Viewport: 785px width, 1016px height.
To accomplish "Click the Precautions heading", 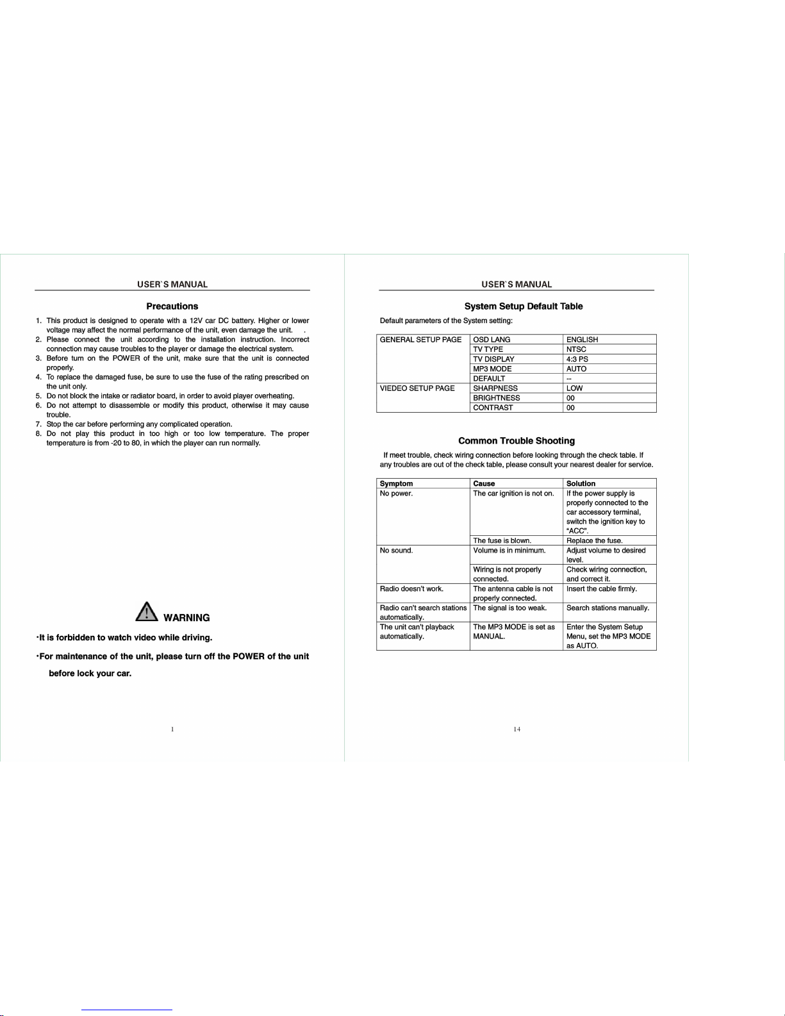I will pyautogui.click(x=172, y=306).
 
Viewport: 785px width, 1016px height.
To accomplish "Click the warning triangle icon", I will pyautogui.click(x=147, y=612).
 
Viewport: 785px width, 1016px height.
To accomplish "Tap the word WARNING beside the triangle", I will pyautogui.click(x=186, y=618).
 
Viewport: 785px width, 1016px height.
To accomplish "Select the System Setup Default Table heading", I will pyautogui.click(x=524, y=306).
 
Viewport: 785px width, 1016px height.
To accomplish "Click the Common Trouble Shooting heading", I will pyautogui.click(x=516, y=441).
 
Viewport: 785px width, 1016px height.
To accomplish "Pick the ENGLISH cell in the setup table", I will pyautogui.click(x=582, y=340).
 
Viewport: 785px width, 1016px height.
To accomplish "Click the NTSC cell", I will pyautogui.click(x=576, y=349).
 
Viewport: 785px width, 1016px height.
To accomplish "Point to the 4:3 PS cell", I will pyautogui.click(x=577, y=359).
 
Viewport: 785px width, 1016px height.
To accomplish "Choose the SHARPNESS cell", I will pyautogui.click(x=495, y=388).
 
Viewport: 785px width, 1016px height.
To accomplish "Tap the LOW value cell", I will pyautogui.click(x=574, y=388).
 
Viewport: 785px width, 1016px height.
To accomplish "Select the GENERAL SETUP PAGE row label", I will pyautogui.click(x=420, y=340).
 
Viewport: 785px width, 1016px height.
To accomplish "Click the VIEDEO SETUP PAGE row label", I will pyautogui.click(x=417, y=388).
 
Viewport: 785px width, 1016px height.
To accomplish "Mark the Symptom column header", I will pyautogui.click(x=396, y=484).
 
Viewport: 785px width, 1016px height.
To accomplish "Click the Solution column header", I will pyautogui.click(x=581, y=484).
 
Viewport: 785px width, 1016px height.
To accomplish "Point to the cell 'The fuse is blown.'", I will pyautogui.click(x=502, y=541).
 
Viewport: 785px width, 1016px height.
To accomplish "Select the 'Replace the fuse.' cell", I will pyautogui.click(x=594, y=541).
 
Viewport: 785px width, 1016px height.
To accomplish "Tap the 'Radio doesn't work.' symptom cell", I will pyautogui.click(x=411, y=589).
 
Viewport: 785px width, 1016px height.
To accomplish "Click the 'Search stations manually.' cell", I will pyautogui.click(x=607, y=608).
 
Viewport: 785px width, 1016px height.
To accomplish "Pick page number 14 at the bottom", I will pyautogui.click(x=517, y=729).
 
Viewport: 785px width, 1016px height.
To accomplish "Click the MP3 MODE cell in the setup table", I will pyautogui.click(x=492, y=369).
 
